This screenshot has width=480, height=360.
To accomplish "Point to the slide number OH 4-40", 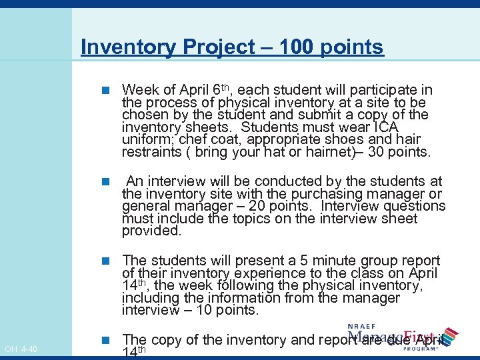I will point(21,349).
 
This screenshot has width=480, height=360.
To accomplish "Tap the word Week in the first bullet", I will point(139,90).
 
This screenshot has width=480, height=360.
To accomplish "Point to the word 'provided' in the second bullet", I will point(151,231).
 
